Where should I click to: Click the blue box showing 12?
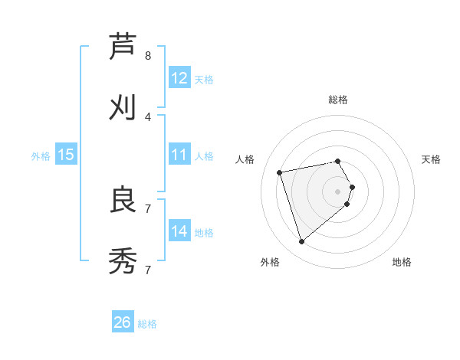179,78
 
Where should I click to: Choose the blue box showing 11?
179,155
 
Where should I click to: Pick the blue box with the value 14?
179,231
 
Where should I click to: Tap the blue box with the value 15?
66,155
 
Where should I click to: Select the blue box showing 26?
123,322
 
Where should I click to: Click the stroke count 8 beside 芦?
148,55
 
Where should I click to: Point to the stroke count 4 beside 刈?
148,116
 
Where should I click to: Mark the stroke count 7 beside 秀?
148,270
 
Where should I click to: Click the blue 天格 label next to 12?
204,79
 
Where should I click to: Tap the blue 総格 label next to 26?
147,323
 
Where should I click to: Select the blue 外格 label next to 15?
41,155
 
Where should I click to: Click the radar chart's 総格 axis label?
338,100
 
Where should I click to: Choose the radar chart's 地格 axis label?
402,262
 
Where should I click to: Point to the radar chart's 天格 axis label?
431,159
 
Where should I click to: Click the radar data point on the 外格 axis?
301,242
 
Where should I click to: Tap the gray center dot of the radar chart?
338,191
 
